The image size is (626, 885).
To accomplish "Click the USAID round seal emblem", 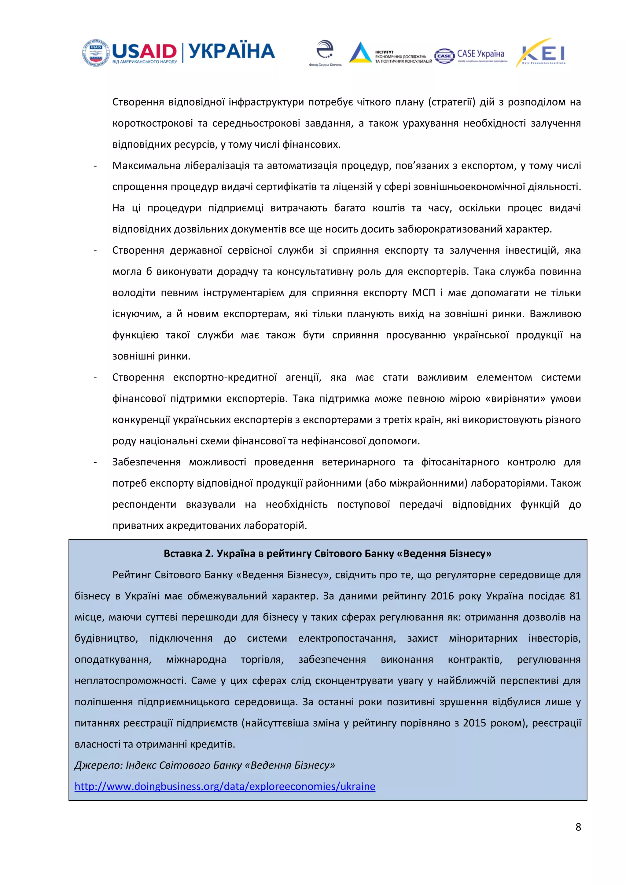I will pyautogui.click(x=96, y=53).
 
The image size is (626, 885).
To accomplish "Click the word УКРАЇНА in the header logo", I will pyautogui.click(x=232, y=52).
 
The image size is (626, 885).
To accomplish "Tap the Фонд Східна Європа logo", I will pyautogui.click(x=325, y=53).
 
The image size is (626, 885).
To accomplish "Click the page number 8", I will pyautogui.click(x=578, y=827).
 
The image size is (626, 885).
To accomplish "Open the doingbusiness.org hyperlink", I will pyautogui.click(x=225, y=786).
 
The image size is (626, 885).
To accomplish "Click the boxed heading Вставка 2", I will pyautogui.click(x=327, y=553).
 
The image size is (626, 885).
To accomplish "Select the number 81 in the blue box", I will pyautogui.click(x=575, y=596).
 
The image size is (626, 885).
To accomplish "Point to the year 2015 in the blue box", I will pyautogui.click(x=474, y=723).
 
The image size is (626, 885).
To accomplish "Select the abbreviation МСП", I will pyautogui.click(x=424, y=292).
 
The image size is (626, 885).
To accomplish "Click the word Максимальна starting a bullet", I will pyautogui.click(x=146, y=166).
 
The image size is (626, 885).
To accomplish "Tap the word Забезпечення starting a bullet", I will pyautogui.click(x=146, y=462).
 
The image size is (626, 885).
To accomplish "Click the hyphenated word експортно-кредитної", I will pyautogui.click(x=225, y=377).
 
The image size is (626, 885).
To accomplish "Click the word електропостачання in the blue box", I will pyautogui.click(x=347, y=638).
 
